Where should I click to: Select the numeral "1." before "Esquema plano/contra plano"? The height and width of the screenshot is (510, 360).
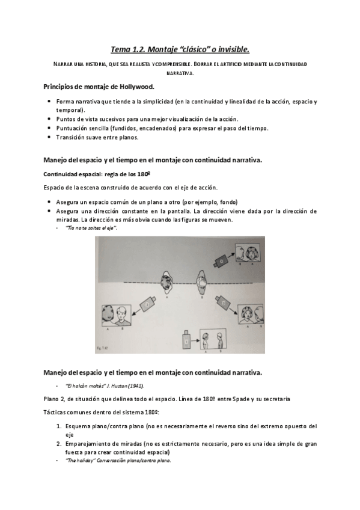click(x=52, y=426)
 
